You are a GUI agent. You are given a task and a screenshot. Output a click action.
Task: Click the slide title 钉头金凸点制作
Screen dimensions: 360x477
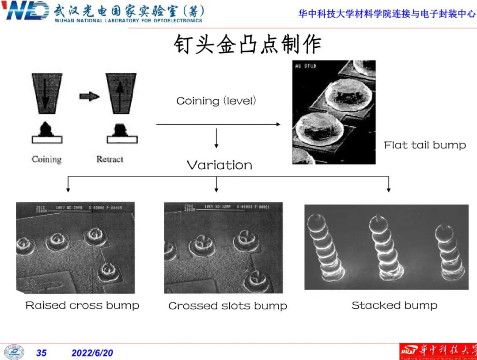tap(247, 44)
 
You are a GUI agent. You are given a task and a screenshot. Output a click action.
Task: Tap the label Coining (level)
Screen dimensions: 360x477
tap(216, 101)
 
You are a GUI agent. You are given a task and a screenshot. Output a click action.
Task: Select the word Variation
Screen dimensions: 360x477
tap(220, 165)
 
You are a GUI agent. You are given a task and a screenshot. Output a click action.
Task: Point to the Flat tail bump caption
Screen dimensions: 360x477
tap(424, 145)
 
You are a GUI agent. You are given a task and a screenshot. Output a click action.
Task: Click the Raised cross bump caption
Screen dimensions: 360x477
tap(82, 305)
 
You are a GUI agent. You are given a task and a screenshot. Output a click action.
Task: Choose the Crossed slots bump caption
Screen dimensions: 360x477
tap(227, 306)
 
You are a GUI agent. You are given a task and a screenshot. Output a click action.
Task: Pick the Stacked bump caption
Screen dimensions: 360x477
tap(394, 305)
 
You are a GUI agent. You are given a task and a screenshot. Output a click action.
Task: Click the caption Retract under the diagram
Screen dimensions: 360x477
tap(110, 159)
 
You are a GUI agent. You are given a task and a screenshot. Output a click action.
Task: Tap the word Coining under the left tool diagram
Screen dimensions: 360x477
tap(46, 159)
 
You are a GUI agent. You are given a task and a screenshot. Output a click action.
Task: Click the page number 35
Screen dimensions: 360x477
tap(41, 353)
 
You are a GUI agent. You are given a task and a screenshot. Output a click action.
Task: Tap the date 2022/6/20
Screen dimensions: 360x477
tap(92, 353)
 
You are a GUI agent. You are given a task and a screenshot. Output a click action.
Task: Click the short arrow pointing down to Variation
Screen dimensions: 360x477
tap(216, 139)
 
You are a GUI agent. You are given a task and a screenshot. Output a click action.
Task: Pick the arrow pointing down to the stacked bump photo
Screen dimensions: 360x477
tap(388, 184)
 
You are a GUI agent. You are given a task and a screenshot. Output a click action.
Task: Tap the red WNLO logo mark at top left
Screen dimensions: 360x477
tap(25, 11)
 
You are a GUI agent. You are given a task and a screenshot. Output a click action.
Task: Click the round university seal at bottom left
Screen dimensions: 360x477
tap(14, 352)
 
